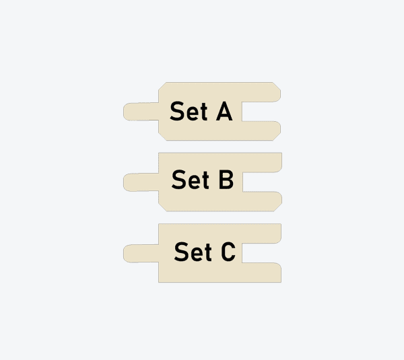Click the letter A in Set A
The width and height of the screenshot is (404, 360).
[x=224, y=111]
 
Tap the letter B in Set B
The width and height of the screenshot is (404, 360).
[x=226, y=180]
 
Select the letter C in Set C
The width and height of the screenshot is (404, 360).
[x=228, y=252]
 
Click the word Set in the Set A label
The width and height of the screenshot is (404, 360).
[x=189, y=111]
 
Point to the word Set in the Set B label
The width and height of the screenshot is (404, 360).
[x=190, y=180]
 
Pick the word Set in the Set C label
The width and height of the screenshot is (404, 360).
[x=193, y=252]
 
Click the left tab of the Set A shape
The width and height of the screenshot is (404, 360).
[x=141, y=111]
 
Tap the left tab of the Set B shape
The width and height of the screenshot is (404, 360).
[x=141, y=182]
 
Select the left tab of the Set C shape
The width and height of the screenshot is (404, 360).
[x=141, y=254]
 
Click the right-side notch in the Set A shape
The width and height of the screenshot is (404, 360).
[x=261, y=111]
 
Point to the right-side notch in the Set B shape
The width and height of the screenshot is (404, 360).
[x=262, y=182]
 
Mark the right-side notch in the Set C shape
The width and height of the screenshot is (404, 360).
[x=261, y=253]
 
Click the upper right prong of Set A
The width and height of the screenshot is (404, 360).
[x=261, y=92]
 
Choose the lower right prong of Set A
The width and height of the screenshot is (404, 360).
[x=261, y=131]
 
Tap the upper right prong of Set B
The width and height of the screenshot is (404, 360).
[x=262, y=162]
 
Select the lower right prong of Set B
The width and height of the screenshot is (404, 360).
[x=262, y=201]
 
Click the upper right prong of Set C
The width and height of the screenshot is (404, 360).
[x=261, y=233]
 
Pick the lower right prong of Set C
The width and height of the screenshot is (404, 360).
[x=261, y=273]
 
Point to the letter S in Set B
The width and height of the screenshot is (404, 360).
[x=178, y=180]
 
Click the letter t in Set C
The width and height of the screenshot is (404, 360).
[x=208, y=252]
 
